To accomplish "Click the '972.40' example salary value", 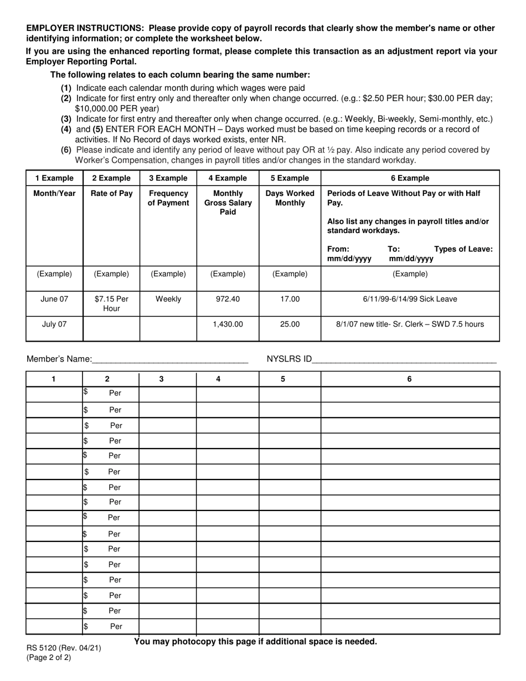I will pyautogui.click(x=228, y=299).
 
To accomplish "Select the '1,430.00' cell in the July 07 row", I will pyautogui.click(x=228, y=324).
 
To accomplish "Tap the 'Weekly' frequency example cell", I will pyautogui.click(x=168, y=299).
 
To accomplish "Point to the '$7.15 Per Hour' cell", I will pyautogui.click(x=111, y=303).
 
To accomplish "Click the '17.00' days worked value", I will pyautogui.click(x=290, y=299).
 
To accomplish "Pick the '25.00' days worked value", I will pyautogui.click(x=290, y=324).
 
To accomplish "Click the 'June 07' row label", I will pyautogui.click(x=54, y=299).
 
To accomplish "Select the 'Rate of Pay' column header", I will pyautogui.click(x=111, y=193).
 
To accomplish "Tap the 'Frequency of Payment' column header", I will pyautogui.click(x=168, y=198).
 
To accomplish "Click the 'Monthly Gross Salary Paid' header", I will pyautogui.click(x=228, y=202).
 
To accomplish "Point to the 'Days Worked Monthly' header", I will pyautogui.click(x=290, y=198).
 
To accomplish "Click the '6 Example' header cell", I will pyautogui.click(x=410, y=178).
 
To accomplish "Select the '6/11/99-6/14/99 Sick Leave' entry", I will pyautogui.click(x=410, y=299).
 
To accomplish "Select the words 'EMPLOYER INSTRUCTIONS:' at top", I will pyautogui.click(x=86, y=28).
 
